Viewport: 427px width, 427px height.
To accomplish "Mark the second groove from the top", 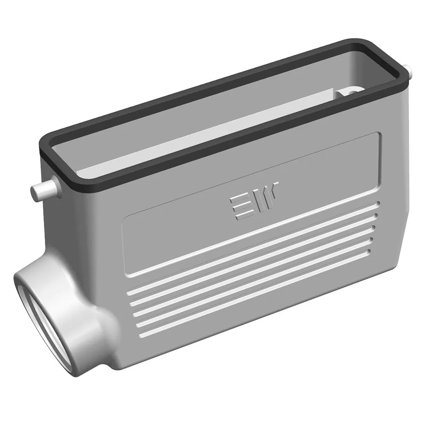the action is click(253, 260).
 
